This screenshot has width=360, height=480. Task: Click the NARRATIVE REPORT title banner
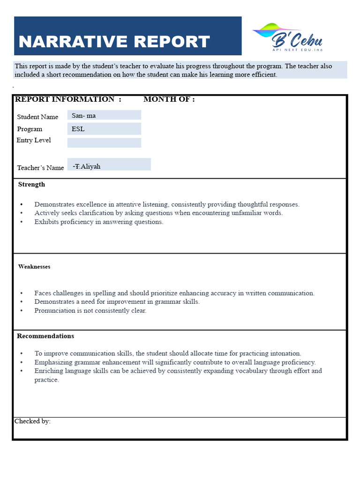click(x=127, y=37)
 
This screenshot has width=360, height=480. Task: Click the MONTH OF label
click(x=169, y=99)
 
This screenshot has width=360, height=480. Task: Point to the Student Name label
click(x=37, y=117)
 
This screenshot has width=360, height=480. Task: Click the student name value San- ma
click(x=84, y=115)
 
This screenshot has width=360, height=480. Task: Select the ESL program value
click(x=78, y=129)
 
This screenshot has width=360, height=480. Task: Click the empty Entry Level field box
click(x=104, y=142)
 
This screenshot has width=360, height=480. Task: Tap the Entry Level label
click(x=34, y=140)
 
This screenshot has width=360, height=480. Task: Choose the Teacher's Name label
click(x=40, y=168)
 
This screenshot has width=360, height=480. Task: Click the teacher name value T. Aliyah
click(x=88, y=166)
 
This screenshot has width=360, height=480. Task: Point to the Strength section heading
click(x=31, y=185)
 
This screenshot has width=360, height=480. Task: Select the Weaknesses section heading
click(x=34, y=267)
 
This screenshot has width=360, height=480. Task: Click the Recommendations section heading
click(x=45, y=336)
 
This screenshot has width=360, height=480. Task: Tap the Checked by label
click(x=32, y=421)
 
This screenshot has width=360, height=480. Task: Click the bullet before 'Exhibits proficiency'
click(x=22, y=222)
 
